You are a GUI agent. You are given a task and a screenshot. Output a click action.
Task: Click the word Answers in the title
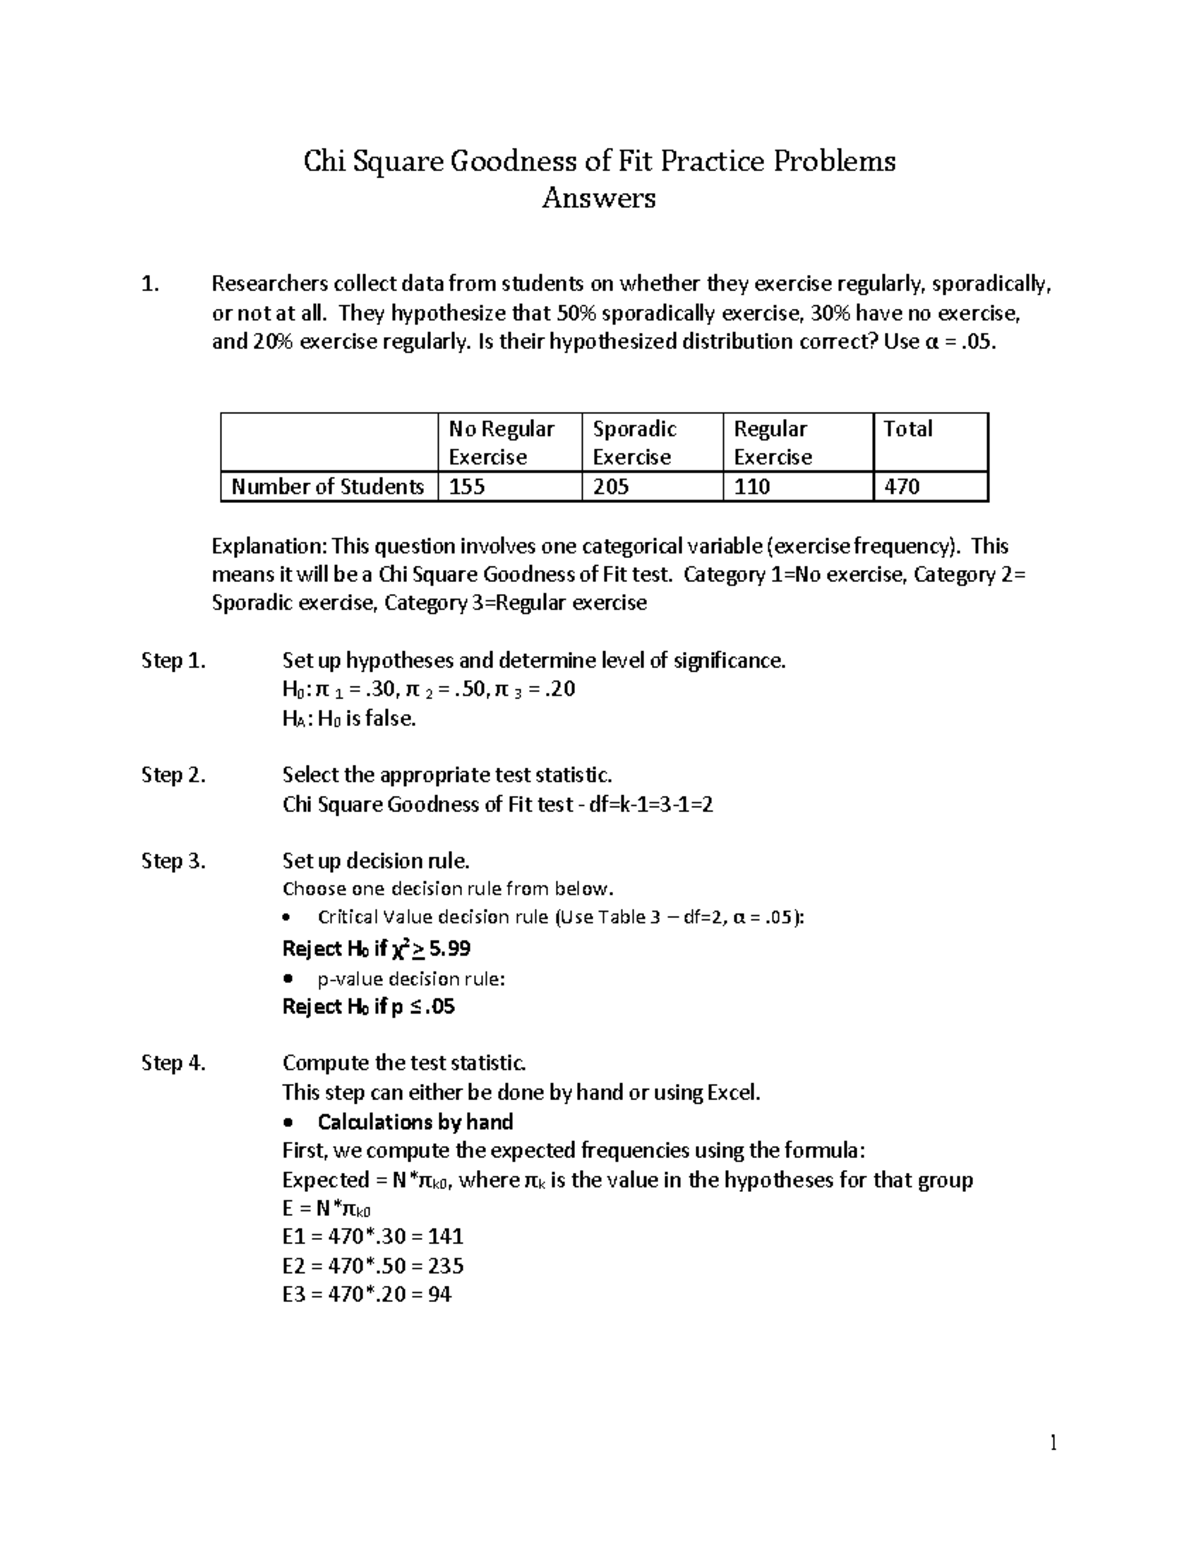tap(598, 198)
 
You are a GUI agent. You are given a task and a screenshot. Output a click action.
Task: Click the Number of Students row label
tap(327, 487)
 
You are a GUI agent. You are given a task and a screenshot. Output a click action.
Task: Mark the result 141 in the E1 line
tap(445, 1237)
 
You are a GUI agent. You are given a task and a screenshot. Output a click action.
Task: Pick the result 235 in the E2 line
tap(445, 1266)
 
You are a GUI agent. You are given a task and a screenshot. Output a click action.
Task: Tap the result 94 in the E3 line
tap(439, 1295)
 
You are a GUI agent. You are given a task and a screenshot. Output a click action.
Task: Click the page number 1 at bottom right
tap(1053, 1442)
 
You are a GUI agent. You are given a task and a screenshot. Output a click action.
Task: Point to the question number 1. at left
tap(150, 285)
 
